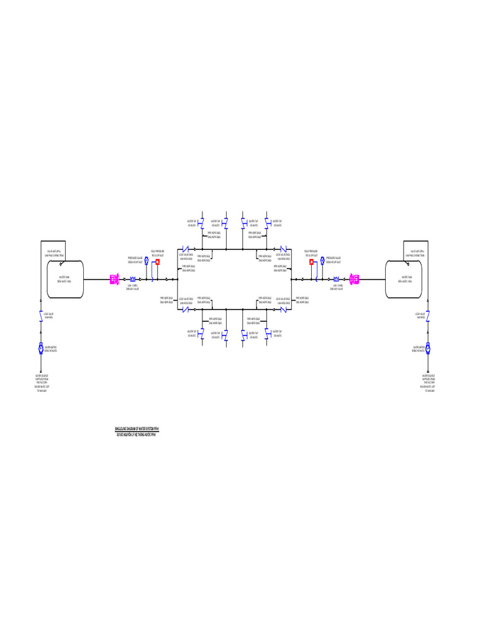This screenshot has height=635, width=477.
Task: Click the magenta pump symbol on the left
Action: [x=114, y=280]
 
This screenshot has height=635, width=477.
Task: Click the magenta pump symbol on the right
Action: [x=354, y=280]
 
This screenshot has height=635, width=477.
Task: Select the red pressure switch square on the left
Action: [x=158, y=262]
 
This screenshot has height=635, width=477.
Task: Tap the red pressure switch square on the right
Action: [x=311, y=262]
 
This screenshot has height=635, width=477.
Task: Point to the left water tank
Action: [x=65, y=279]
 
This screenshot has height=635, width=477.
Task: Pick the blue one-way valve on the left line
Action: [x=132, y=280]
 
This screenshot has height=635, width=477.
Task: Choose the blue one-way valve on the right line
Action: [x=337, y=280]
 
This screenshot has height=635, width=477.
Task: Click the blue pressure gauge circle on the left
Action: [x=146, y=262]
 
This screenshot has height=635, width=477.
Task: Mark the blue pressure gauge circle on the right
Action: [x=323, y=262]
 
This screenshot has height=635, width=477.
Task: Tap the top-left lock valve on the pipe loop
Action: [x=185, y=249]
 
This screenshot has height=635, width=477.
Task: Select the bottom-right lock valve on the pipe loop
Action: [x=283, y=309]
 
